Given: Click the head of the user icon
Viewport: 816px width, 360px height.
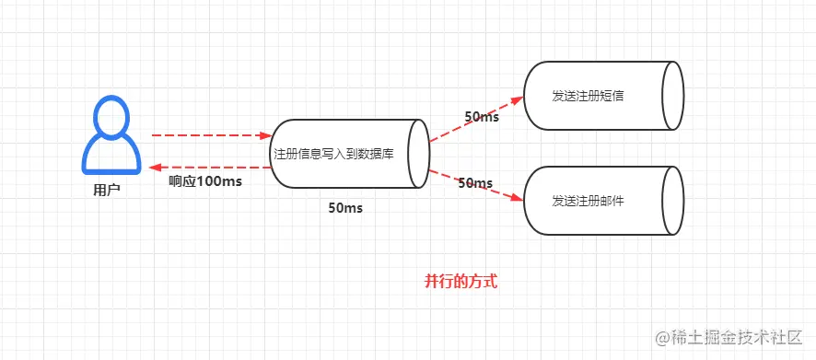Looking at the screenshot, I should tap(112, 117).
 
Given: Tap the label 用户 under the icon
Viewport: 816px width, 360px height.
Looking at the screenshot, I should tap(107, 191).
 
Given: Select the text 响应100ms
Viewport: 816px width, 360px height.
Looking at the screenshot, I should tap(205, 181).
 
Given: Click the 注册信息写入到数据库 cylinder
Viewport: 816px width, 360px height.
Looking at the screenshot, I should tap(345, 154).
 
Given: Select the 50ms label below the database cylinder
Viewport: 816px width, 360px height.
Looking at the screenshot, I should tap(345, 208).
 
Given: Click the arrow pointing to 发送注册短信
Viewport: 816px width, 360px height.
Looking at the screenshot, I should tap(474, 119).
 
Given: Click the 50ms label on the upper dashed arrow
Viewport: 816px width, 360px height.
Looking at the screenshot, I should tap(482, 117).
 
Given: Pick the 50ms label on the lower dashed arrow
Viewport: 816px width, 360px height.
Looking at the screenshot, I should tap(475, 183).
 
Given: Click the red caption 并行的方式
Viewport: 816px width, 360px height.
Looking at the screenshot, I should tap(460, 282).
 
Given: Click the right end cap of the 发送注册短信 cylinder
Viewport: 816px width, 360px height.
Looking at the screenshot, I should tap(672, 96).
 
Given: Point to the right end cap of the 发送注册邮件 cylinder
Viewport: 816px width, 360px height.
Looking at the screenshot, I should tap(672, 200).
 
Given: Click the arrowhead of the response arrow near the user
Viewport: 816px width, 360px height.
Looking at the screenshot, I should tap(154, 168).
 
